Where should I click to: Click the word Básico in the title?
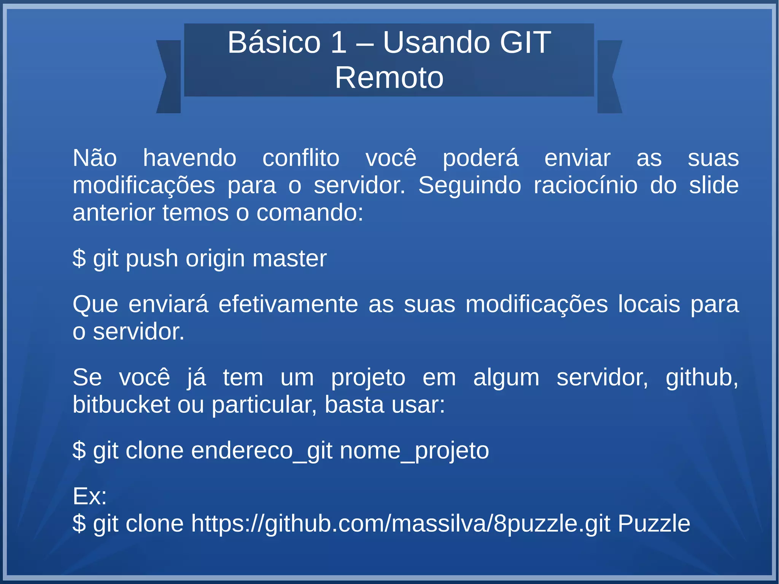pyautogui.click(x=274, y=42)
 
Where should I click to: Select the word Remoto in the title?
pyautogui.click(x=389, y=78)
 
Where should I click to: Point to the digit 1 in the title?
pyautogui.click(x=338, y=42)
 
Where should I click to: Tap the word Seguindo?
pyautogui.click(x=470, y=186)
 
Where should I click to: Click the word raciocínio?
pyautogui.click(x=585, y=185)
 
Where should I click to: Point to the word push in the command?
pyautogui.click(x=152, y=259)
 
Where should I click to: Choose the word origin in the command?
pyautogui.click(x=215, y=259)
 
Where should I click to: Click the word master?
pyautogui.click(x=289, y=258)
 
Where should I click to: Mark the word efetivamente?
pyautogui.click(x=288, y=304)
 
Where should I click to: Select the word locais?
pyautogui.click(x=649, y=304)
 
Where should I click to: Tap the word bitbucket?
pyautogui.click(x=121, y=404)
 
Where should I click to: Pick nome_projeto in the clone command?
pyautogui.click(x=414, y=451)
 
